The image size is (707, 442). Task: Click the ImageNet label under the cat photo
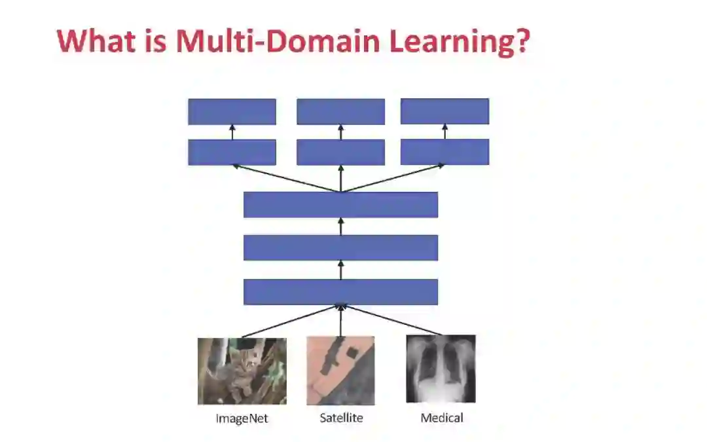pyautogui.click(x=242, y=418)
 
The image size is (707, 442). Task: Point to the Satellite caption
pyautogui.click(x=341, y=417)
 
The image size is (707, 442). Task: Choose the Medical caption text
pyautogui.click(x=442, y=417)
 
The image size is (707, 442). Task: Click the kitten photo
pyautogui.click(x=242, y=371)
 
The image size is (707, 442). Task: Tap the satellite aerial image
pyautogui.click(x=340, y=370)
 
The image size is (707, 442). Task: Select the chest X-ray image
pyautogui.click(x=441, y=369)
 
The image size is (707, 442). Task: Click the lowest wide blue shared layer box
pyautogui.click(x=340, y=291)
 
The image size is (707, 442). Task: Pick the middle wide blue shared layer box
pyautogui.click(x=340, y=248)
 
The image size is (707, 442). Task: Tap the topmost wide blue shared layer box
pyautogui.click(x=340, y=204)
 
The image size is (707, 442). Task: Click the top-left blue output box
pyautogui.click(x=232, y=111)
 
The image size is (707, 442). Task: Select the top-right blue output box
pyautogui.click(x=444, y=111)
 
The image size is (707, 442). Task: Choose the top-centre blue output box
pyautogui.click(x=340, y=111)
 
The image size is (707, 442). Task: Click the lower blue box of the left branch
pyautogui.click(x=232, y=152)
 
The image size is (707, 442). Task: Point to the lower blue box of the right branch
pyautogui.click(x=444, y=152)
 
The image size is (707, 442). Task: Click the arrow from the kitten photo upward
pyautogui.click(x=291, y=321)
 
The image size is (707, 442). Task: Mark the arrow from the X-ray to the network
pyautogui.click(x=391, y=320)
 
